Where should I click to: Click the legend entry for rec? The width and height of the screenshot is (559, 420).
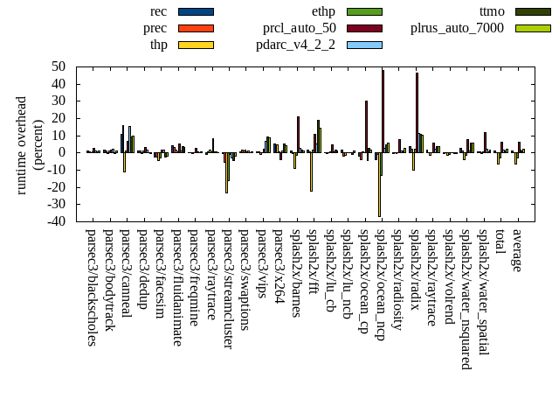click(159, 11)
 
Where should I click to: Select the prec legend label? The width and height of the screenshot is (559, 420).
click(155, 28)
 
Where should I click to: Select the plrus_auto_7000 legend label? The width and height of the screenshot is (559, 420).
click(457, 28)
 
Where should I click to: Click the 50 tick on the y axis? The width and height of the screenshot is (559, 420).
click(60, 66)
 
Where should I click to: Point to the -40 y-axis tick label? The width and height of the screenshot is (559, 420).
click(57, 221)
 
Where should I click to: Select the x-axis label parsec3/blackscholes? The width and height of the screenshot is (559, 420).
click(92, 287)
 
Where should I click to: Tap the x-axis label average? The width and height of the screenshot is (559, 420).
click(517, 250)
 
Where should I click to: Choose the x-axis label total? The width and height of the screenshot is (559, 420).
click(500, 243)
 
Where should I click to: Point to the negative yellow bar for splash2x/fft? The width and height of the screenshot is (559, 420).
click(311, 171)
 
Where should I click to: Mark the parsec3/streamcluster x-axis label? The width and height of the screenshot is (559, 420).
click(227, 289)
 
